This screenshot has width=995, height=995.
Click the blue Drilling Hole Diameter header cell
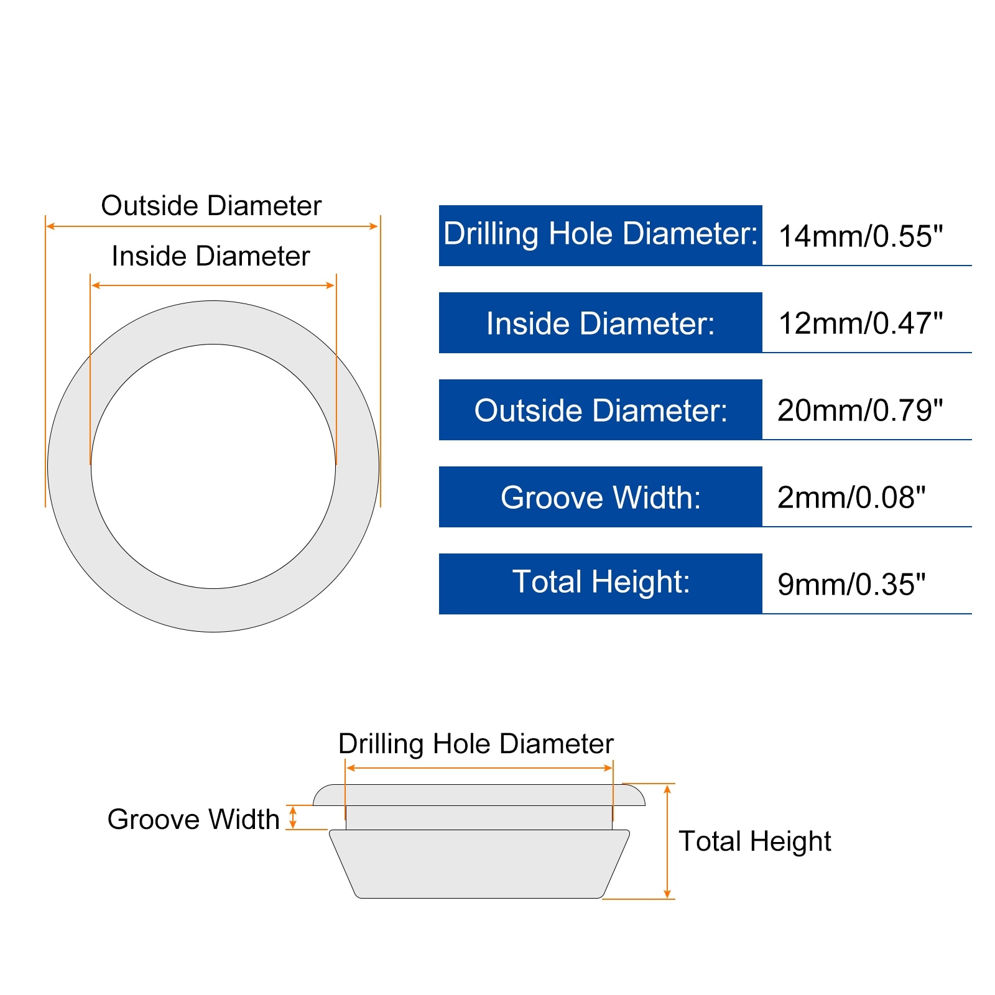pos(600,235)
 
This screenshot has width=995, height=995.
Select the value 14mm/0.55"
pos(860,236)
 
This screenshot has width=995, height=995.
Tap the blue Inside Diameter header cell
pos(600,323)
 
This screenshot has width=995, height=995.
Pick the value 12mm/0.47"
pos(860,323)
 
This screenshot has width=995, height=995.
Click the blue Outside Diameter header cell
pos(600,410)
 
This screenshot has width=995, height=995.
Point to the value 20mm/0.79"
pos(860,410)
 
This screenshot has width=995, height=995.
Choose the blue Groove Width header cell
pos(600,497)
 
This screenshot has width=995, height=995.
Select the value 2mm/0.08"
pos(851,497)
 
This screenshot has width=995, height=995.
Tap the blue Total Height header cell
pos(600,583)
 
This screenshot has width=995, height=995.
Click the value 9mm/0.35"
pos(851,585)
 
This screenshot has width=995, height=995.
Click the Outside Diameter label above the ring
pos(211,206)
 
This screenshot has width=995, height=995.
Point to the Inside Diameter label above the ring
pos(211,256)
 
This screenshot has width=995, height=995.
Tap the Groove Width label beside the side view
pos(193,819)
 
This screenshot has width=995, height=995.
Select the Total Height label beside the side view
pos(754,841)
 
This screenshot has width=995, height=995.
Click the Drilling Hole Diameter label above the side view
pos(476,744)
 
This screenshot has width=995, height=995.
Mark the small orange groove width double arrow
pos(293,817)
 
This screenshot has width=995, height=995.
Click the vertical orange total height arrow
pos(667,841)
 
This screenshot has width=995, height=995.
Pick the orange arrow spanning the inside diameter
pos(213,285)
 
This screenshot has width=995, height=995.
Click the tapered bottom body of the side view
pos(479,864)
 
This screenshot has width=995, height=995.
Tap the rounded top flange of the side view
pos(479,795)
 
